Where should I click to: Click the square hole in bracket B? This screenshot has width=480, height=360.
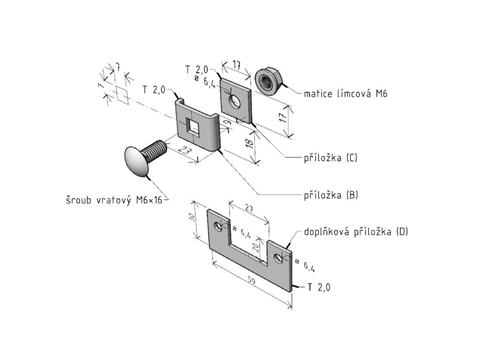[x=193, y=127]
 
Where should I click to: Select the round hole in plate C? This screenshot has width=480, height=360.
[x=234, y=100]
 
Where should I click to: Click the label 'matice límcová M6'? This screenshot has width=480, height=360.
[x=345, y=94]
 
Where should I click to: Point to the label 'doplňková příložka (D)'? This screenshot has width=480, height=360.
[x=356, y=232]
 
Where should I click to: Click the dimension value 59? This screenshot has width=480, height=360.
[x=251, y=282]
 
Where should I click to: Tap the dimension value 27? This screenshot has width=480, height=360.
[x=249, y=210]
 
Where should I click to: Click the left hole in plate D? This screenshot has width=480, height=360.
[x=218, y=227]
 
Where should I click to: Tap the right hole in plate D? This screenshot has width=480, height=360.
[x=279, y=257]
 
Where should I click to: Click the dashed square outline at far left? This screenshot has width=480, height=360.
[x=121, y=95]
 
